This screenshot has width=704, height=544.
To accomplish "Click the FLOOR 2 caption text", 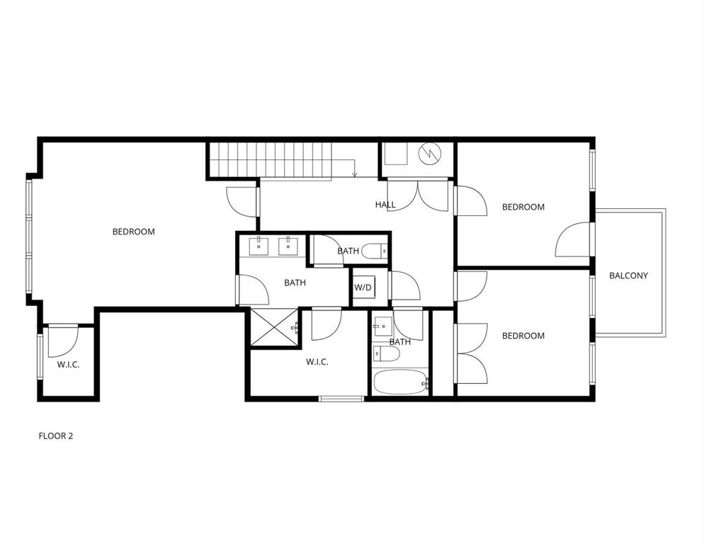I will click(55, 436).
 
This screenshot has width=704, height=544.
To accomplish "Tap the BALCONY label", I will click(628, 276).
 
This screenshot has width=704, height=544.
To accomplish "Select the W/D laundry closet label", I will click(363, 288).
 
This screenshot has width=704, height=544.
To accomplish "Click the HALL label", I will click(385, 205).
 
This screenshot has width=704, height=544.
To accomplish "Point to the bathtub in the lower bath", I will click(400, 382).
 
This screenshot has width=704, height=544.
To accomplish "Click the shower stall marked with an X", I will click(273, 327).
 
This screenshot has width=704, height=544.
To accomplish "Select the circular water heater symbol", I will click(429, 154).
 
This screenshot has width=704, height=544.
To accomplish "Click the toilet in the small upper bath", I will click(375, 251).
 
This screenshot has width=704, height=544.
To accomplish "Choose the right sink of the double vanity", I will click(288, 245).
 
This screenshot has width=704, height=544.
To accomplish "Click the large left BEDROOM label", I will click(133, 232).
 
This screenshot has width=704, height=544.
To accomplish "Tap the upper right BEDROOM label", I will click(523, 207).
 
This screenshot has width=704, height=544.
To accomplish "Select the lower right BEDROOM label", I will click(523, 336).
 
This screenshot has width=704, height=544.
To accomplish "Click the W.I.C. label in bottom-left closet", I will click(68, 365).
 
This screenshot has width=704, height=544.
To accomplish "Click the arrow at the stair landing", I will click(353, 172).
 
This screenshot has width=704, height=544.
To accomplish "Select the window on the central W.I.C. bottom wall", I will click(341, 399).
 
